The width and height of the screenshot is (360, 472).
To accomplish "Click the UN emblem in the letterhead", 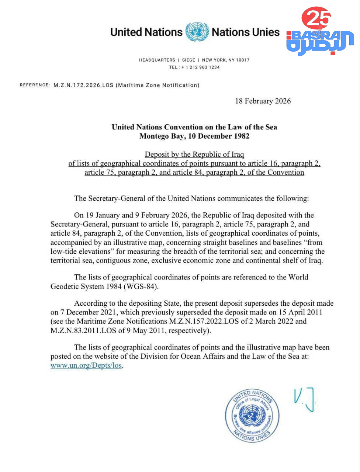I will [x=197, y=32].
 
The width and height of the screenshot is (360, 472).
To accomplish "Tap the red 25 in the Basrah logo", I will [x=316, y=18].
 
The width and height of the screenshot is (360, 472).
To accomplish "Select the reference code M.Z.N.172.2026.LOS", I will [x=83, y=85].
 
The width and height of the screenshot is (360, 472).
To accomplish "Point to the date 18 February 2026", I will [x=263, y=101].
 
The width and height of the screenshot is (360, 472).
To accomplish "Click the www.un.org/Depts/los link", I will [x=86, y=365].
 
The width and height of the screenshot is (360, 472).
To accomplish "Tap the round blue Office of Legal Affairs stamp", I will [x=252, y=415].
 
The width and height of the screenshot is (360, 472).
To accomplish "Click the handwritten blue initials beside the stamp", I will [x=304, y=399].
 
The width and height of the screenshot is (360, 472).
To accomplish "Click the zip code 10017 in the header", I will [x=243, y=60].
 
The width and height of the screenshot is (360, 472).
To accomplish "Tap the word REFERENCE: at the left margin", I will [x=35, y=85].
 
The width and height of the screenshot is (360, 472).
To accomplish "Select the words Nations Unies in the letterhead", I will [x=246, y=32].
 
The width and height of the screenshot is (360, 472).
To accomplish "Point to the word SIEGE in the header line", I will [x=188, y=60].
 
